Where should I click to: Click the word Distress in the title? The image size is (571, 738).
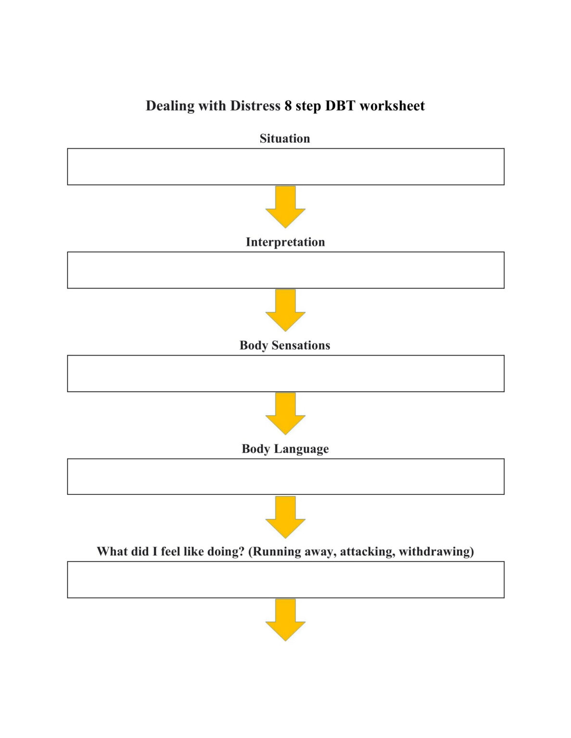point(254,106)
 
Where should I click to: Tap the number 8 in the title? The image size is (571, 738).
point(288,106)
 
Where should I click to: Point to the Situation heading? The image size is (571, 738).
point(285,138)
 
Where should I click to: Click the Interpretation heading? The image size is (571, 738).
point(285,242)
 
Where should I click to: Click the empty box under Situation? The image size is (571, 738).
point(285,167)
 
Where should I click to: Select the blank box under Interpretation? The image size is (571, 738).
point(285,270)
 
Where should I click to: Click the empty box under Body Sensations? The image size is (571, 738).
point(285,373)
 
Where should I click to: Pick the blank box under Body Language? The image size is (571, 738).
point(285,477)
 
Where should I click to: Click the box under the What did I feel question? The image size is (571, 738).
point(285,579)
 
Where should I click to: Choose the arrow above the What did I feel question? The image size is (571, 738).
point(285,517)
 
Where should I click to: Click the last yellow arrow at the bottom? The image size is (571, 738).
point(285,620)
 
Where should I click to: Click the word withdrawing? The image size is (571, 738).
point(436,552)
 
